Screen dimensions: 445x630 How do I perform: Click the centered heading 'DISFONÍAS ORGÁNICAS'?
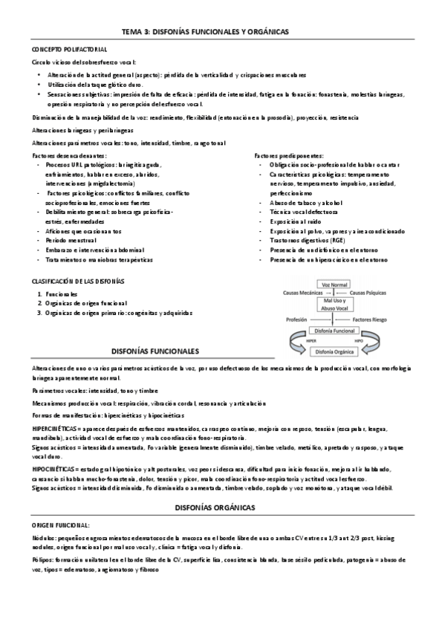click(x=213, y=485)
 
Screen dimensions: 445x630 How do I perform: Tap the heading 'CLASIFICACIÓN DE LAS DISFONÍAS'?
click(x=77, y=282)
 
